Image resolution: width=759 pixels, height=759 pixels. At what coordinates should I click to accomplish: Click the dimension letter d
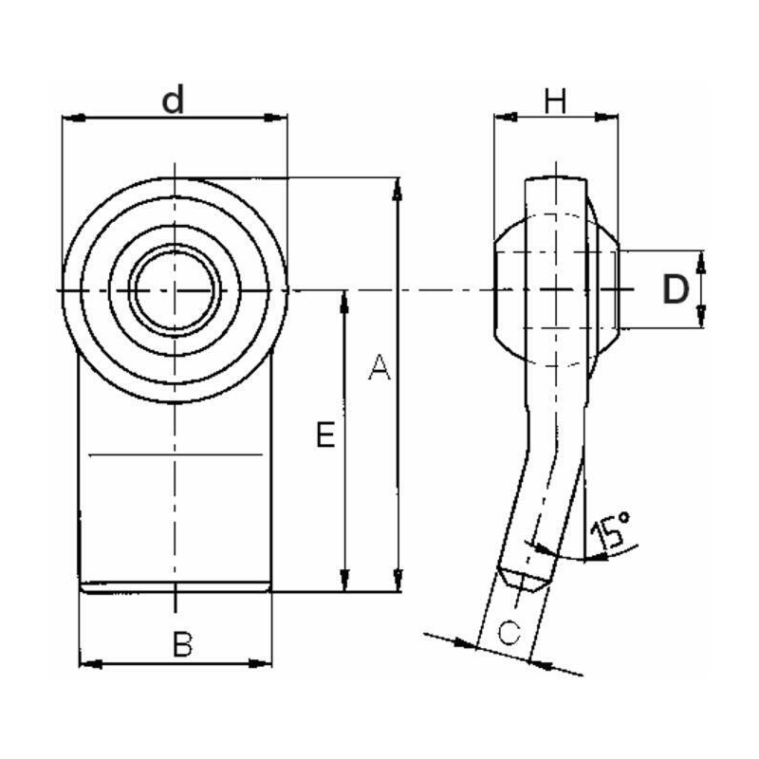173,100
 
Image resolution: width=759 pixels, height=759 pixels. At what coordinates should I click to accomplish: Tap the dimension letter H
555,101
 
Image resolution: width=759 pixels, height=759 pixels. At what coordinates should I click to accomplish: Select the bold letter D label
676,289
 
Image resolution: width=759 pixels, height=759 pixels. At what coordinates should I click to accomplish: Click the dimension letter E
325,435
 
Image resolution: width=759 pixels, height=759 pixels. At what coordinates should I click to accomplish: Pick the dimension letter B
182,644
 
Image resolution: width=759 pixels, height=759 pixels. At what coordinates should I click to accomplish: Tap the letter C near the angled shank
509,632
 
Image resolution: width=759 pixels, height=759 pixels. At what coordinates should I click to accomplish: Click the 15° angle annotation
611,530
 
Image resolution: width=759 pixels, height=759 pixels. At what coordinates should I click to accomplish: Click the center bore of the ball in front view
175,290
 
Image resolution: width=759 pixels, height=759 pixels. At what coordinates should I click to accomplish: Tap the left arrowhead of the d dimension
74,118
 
